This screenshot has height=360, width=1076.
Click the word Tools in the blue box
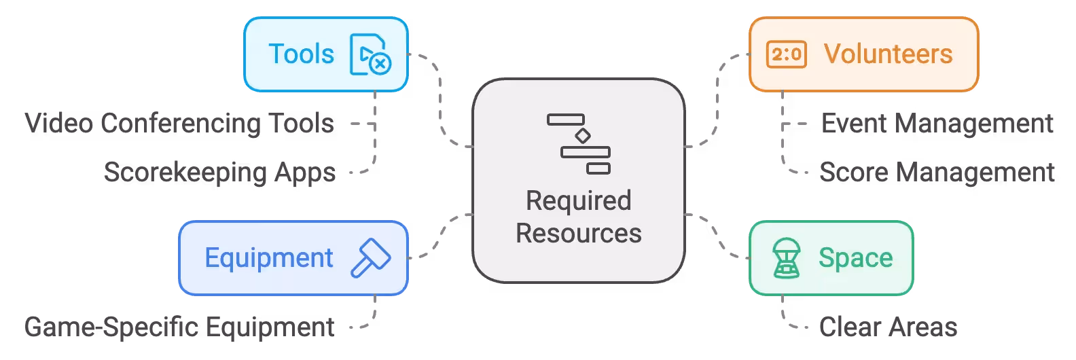[302, 54]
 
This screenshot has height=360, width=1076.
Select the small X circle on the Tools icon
[380, 64]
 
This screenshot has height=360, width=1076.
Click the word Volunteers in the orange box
[888, 54]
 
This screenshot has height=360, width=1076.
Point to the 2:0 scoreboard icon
[786, 54]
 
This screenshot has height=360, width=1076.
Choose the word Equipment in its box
[269, 258]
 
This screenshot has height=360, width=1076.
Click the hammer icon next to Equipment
[370, 258]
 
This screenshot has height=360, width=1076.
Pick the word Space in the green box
[855, 258]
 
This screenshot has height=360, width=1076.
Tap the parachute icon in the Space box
[787, 258]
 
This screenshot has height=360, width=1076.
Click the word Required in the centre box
[579, 201]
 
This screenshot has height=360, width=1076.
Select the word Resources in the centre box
[579, 234]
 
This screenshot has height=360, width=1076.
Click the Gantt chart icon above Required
[579, 144]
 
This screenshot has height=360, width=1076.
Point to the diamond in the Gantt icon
[583, 136]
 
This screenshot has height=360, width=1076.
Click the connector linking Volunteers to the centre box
[717, 102]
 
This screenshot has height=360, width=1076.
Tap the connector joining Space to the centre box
[713, 234]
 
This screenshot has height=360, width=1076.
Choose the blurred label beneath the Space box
[891, 327]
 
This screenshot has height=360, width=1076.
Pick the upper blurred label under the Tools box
[179, 124]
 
